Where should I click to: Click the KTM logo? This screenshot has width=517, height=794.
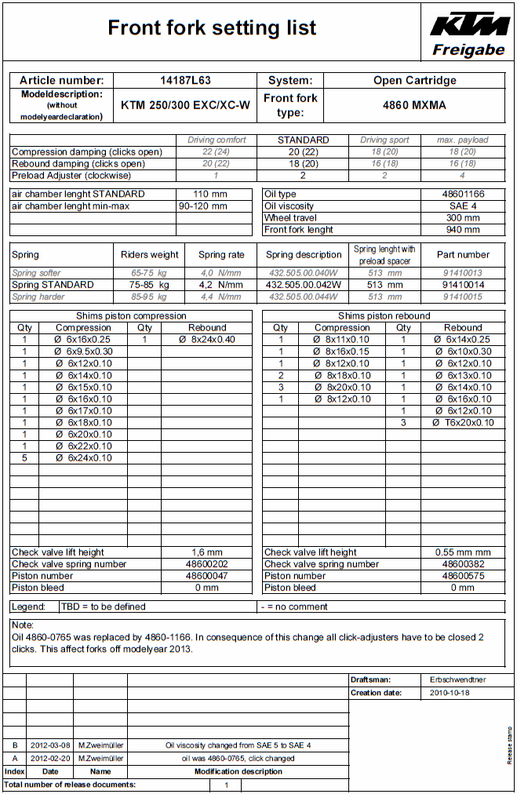[469, 24]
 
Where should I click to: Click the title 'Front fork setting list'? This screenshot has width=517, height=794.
[212, 29]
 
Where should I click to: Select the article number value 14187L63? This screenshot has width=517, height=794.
[185, 80]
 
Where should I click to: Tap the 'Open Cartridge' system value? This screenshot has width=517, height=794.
[414, 80]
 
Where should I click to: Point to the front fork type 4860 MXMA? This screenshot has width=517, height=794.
[414, 105]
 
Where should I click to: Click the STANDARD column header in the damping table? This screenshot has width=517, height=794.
[304, 140]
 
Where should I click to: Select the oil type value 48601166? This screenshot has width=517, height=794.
[461, 194]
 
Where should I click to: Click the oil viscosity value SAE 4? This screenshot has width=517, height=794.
[461, 206]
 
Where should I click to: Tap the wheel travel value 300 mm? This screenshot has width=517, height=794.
[461, 218]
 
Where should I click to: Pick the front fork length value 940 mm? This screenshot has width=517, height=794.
[461, 230]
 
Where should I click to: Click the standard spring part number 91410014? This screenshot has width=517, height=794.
[463, 285]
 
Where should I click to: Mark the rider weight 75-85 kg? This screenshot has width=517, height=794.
[149, 285]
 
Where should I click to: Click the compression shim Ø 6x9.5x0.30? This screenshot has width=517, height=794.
[83, 351]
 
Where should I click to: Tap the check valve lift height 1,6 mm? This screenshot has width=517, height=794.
[207, 552]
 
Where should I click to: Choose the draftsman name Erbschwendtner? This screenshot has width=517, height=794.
[458, 679]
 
